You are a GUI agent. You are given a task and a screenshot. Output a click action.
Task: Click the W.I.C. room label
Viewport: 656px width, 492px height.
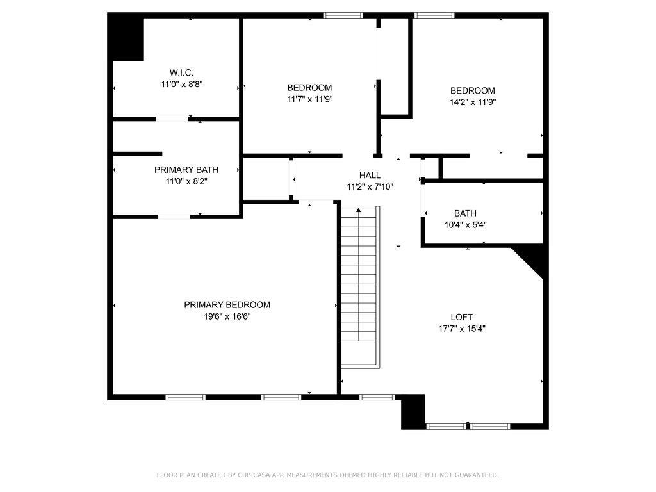pyautogui.click(x=181, y=72)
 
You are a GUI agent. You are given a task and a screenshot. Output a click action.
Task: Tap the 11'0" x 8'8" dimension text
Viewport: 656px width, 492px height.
pyautogui.click(x=181, y=84)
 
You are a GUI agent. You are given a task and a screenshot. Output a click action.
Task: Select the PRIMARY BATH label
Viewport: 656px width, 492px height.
pyautogui.click(x=186, y=170)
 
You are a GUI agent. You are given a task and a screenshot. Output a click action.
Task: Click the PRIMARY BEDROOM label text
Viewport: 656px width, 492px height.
pyautogui.click(x=227, y=305)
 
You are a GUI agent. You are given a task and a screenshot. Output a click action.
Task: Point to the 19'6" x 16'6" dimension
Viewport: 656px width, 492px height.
pyautogui.click(x=227, y=316)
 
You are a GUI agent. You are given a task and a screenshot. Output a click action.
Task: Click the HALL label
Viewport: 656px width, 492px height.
pyautogui.click(x=370, y=175)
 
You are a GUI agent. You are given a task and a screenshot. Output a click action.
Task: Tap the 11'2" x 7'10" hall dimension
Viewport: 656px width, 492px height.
pyautogui.click(x=370, y=186)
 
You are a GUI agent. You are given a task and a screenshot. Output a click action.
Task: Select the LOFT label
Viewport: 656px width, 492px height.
pyautogui.click(x=461, y=317)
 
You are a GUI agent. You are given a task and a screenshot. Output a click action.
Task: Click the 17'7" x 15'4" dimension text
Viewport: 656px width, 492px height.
pyautogui.click(x=461, y=329)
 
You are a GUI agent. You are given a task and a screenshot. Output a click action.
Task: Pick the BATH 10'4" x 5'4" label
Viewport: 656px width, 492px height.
pyautogui.click(x=465, y=219)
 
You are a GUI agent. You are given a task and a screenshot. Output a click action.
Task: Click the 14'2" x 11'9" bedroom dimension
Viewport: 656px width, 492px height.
pyautogui.click(x=472, y=102)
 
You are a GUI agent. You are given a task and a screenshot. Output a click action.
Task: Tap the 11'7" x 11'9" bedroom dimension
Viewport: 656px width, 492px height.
pyautogui.click(x=309, y=99)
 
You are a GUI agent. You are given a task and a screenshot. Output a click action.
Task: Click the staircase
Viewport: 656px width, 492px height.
pyautogui.click(x=359, y=288)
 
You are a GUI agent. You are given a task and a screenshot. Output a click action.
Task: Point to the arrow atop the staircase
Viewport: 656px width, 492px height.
pyautogui.click(x=359, y=210)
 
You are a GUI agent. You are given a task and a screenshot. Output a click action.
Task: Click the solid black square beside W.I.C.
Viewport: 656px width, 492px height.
pyautogui.click(x=127, y=38)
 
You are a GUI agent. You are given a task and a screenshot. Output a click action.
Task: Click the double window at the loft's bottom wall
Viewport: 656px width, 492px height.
pyautogui.click(x=468, y=425)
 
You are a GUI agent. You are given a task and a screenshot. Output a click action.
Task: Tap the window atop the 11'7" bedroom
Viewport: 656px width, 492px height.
pyautogui.click(x=343, y=15)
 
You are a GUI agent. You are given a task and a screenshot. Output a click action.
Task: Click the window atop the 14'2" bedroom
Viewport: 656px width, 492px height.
pyautogui.click(x=434, y=15)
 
